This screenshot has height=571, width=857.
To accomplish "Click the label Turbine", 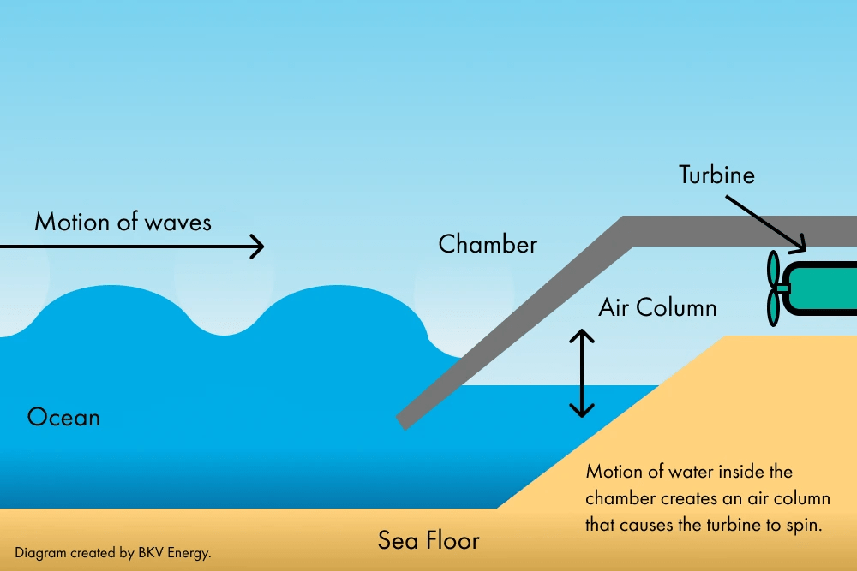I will [716, 175].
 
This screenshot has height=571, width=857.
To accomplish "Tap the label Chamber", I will [488, 244].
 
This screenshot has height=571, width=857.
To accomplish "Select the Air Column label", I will [657, 307].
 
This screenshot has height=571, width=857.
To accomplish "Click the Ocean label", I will [63, 418].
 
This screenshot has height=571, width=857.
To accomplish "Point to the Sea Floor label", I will [428, 541].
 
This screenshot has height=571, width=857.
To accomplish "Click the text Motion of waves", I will [123, 223].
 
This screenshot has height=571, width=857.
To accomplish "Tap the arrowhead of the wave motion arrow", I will [256, 247].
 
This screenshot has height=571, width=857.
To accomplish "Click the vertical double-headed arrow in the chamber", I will [583, 373].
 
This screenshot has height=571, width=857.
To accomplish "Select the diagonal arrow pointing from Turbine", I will [765, 223].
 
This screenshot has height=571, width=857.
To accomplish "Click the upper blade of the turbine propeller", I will [773, 269].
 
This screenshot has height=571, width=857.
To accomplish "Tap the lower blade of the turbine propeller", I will [773, 307].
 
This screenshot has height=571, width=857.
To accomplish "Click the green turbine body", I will [823, 287].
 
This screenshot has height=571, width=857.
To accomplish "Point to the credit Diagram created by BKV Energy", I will [112, 553].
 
